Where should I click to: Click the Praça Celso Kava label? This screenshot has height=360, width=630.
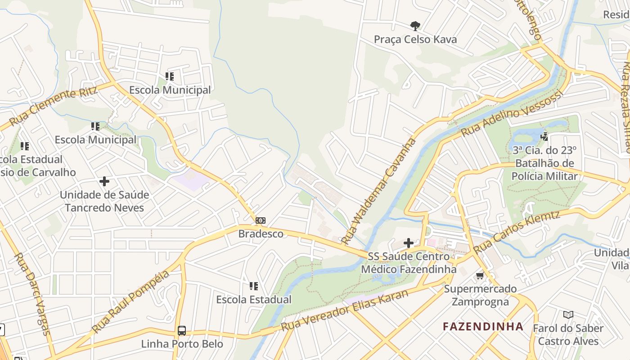[x=415, y=40]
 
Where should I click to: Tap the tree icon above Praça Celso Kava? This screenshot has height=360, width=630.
[x=415, y=26]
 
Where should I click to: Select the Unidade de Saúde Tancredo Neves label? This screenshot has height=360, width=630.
[x=104, y=201]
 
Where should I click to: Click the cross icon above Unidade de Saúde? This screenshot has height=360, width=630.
[x=104, y=181]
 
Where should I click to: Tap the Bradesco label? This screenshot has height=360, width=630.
[x=261, y=234]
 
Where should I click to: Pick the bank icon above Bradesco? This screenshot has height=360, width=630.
[x=261, y=220]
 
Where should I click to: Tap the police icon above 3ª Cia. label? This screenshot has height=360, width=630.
[x=544, y=136]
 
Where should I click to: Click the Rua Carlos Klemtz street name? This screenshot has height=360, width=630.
[x=516, y=232]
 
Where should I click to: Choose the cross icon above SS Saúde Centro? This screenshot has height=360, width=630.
[x=409, y=243]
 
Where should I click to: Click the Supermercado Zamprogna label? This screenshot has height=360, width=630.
[x=480, y=295]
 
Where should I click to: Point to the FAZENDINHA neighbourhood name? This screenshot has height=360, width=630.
[x=483, y=326]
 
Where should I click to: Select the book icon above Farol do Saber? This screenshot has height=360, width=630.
[x=568, y=315]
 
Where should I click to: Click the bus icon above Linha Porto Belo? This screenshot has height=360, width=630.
[x=182, y=331]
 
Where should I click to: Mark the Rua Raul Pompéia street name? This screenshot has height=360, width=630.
[x=131, y=302]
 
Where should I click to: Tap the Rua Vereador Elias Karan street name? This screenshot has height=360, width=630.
[x=345, y=310]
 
